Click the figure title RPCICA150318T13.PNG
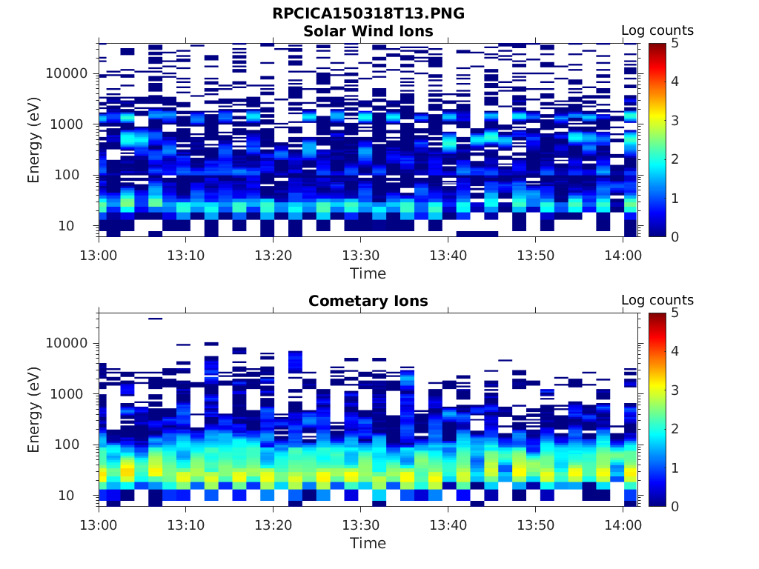pos(368,14)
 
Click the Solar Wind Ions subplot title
pos(368,31)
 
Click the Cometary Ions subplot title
pos(368,301)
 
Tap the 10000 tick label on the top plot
pos(67,73)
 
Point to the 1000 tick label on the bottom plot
pos(70,393)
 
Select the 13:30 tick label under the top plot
pos(360,255)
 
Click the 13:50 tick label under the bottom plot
pos(535,525)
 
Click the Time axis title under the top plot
pos(368,273)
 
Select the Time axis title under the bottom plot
pos(368,543)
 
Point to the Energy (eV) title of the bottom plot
pos(34,409)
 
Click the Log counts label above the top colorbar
pos(657,30)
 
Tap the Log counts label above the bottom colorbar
pos(657,300)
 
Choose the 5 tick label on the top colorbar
pos(675,43)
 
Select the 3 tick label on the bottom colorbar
pos(675,390)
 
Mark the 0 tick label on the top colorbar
pos(675,236)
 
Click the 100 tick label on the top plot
pos(74,175)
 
